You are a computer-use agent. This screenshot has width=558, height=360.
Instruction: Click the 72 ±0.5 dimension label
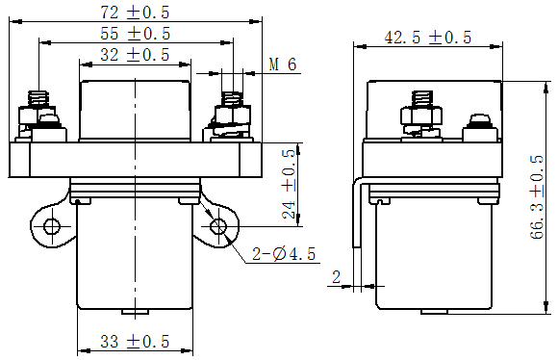tap(135, 13)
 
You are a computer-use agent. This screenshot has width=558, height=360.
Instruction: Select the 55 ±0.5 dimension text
tap(136, 34)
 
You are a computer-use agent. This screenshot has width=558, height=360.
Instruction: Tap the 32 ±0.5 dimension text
tap(135, 55)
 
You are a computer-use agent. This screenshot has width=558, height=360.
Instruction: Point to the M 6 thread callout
tap(283, 64)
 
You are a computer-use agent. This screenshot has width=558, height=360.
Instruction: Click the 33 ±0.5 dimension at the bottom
tap(135, 342)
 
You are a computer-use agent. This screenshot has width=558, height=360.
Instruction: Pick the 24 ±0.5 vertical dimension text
tap(289, 184)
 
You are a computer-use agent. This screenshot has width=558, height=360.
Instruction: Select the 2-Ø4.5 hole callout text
tap(284, 254)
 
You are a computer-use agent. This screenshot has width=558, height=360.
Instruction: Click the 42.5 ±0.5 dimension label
tap(428, 38)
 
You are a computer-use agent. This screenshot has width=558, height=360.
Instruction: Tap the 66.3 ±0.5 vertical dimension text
tap(538, 197)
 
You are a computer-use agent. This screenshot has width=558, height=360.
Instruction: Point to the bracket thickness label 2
tap(337, 276)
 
